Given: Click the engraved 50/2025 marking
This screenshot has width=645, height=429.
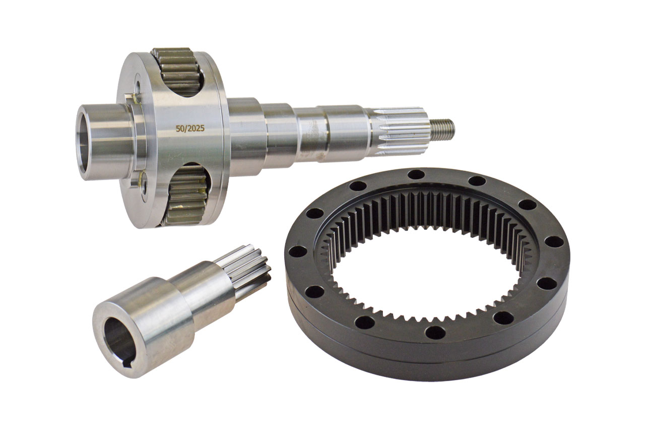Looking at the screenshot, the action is coord(190,129).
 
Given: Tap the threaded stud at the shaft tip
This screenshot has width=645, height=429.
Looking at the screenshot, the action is coord(442,129).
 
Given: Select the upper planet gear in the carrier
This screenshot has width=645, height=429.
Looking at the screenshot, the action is coord(178,72).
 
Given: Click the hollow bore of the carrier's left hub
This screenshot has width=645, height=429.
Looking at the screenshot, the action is coord(84,142).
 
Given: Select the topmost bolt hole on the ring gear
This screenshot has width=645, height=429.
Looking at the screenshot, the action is coord(416,174).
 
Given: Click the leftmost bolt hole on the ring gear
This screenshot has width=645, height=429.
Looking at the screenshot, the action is coord(298,252).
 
